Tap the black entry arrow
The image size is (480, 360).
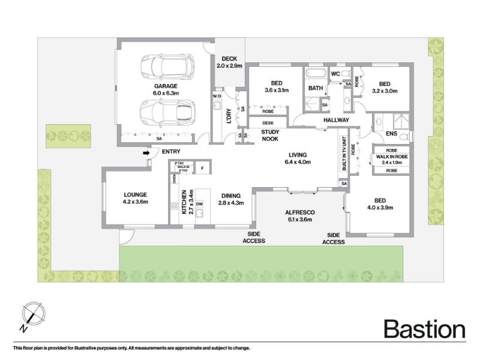(146, 152)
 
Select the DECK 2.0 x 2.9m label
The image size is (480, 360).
(229, 62)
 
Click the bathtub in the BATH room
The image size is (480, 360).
(316, 73)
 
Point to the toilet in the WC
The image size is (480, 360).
(346, 73)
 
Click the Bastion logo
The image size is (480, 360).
(425, 329)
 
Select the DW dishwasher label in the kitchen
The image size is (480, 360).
(199, 204)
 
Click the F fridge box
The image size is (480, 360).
(202, 168)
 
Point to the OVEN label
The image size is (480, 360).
(175, 178)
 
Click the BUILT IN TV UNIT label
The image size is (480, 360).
(344, 154)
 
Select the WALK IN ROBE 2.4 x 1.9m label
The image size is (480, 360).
(392, 160)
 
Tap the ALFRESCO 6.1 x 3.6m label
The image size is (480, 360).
(299, 216)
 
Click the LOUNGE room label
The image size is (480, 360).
(136, 198)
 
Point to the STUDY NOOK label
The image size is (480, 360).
(270, 136)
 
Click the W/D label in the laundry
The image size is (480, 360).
(217, 96)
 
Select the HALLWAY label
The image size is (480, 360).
(336, 120)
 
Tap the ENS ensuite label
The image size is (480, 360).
(391, 133)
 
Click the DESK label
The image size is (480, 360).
(268, 123)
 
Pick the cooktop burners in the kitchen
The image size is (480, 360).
(175, 206)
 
